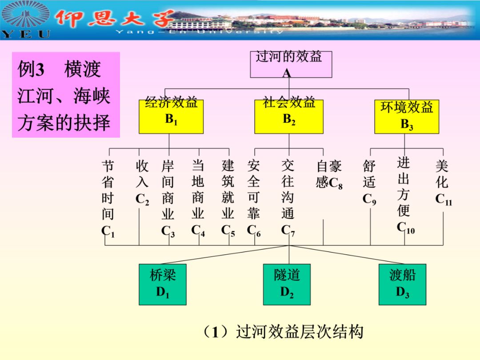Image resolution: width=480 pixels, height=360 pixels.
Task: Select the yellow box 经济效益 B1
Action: [x=171, y=116]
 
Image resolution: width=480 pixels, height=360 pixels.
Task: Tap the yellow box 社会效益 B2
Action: [x=289, y=116]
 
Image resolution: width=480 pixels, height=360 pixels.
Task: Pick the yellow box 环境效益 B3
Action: [x=407, y=116]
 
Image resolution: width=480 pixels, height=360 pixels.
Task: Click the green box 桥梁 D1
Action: [x=163, y=284]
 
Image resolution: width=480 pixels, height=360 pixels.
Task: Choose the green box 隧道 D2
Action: [x=287, y=284]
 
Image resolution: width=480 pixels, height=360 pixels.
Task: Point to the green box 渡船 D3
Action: [x=402, y=284]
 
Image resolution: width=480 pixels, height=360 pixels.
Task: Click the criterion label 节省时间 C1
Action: [x=108, y=198]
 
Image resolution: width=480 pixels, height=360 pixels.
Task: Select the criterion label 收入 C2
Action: [x=142, y=182]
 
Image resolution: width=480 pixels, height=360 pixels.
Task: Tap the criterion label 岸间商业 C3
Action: [x=168, y=198]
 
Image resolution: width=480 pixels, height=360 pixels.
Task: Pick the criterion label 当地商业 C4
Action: [x=198, y=198]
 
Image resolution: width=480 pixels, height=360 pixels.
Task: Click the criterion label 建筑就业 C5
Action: [x=228, y=198]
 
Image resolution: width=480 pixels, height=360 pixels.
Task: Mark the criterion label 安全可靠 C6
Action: [x=254, y=198]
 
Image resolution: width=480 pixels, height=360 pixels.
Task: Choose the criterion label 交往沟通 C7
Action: [x=288, y=198]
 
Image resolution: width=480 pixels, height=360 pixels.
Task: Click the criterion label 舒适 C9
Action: [x=369, y=182]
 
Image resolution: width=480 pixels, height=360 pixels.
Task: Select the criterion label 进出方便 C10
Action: [x=404, y=195]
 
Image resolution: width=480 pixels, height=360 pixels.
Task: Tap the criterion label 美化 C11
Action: [x=443, y=182]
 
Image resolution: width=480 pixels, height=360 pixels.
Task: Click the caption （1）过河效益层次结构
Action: [x=283, y=332]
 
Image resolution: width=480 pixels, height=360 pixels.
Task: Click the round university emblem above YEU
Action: [x=25, y=16]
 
